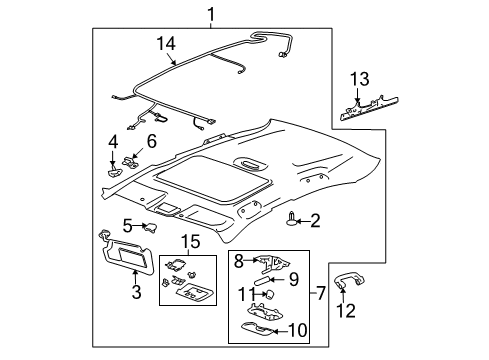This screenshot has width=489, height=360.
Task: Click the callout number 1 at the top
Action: pos(210,13)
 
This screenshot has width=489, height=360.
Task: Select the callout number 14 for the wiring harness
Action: pos(165,44)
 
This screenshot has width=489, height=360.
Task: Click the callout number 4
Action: pos(114,141)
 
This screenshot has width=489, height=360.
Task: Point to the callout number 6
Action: pos(153,142)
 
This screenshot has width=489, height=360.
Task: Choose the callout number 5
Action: pos(128,225)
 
